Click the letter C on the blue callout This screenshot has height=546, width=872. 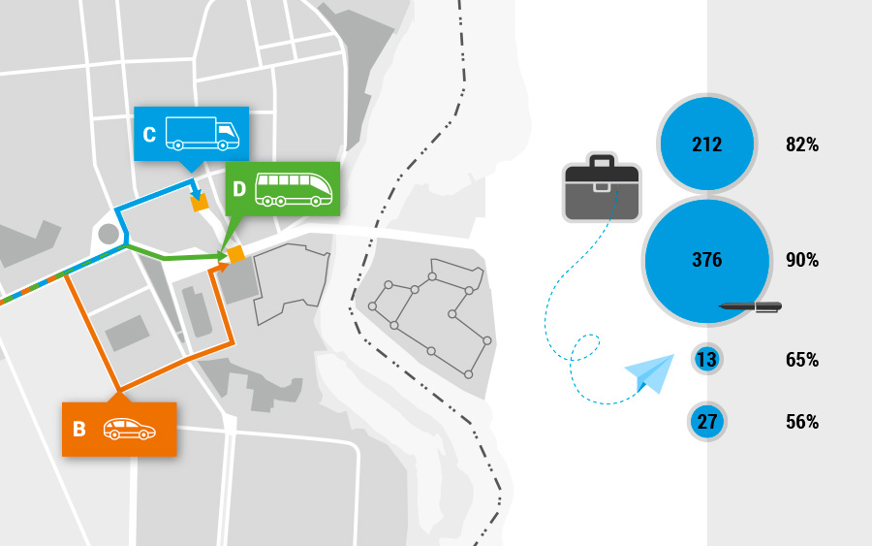tap(149, 135)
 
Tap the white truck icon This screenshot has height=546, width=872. tap(202, 134)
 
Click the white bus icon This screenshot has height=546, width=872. tap(296, 189)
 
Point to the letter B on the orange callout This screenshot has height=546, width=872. tap(79, 429)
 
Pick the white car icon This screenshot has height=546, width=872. tap(130, 429)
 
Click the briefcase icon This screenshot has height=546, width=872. tap(602, 186)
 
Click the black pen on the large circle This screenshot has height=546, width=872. tap(751, 306)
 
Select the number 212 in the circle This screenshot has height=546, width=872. tap(707, 145)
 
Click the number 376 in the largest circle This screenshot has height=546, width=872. tap(707, 260)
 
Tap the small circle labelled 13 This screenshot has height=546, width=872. tap(706, 360)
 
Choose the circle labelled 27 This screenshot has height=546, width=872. tap(706, 422)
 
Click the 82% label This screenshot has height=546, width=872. tap(802, 145)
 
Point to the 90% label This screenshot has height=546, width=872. tap(802, 260)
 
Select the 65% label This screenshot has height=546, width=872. tap(802, 360)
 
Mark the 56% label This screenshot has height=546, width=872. tap(802, 422)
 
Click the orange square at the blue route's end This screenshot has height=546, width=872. tap(200, 203)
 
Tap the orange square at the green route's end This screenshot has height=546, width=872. tap(235, 254)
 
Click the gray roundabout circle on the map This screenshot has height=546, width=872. tap(109, 234)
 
